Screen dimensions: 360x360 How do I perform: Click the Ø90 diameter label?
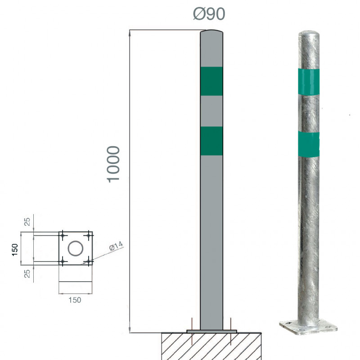pos(209,14)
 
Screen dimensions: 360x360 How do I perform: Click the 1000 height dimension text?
pos(113,164)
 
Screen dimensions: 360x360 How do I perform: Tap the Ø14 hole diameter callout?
pos(116,246)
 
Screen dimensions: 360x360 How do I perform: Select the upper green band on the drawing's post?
pos(211,81)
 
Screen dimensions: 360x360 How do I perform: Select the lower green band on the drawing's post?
pos(211,141)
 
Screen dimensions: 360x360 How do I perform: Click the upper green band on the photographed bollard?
pos(309,82)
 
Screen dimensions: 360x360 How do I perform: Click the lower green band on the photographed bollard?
pos(309,144)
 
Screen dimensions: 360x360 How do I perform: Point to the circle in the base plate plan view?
pos(76,248)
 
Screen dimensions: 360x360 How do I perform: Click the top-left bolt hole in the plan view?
pos(63,235)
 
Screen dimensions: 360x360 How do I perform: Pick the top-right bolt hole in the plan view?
pos(89,235)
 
